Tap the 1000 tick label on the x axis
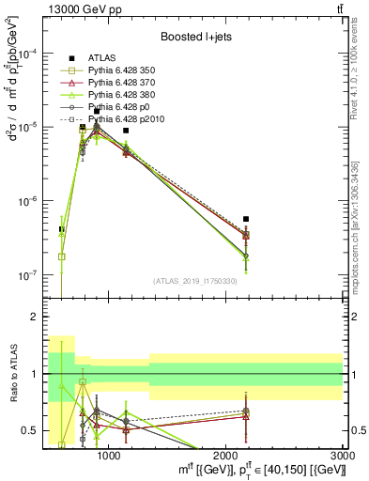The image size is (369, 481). [109, 455]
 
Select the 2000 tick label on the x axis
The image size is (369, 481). [226, 455]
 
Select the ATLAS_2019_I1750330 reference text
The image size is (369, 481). [195, 281]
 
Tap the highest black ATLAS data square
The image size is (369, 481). [97, 112]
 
